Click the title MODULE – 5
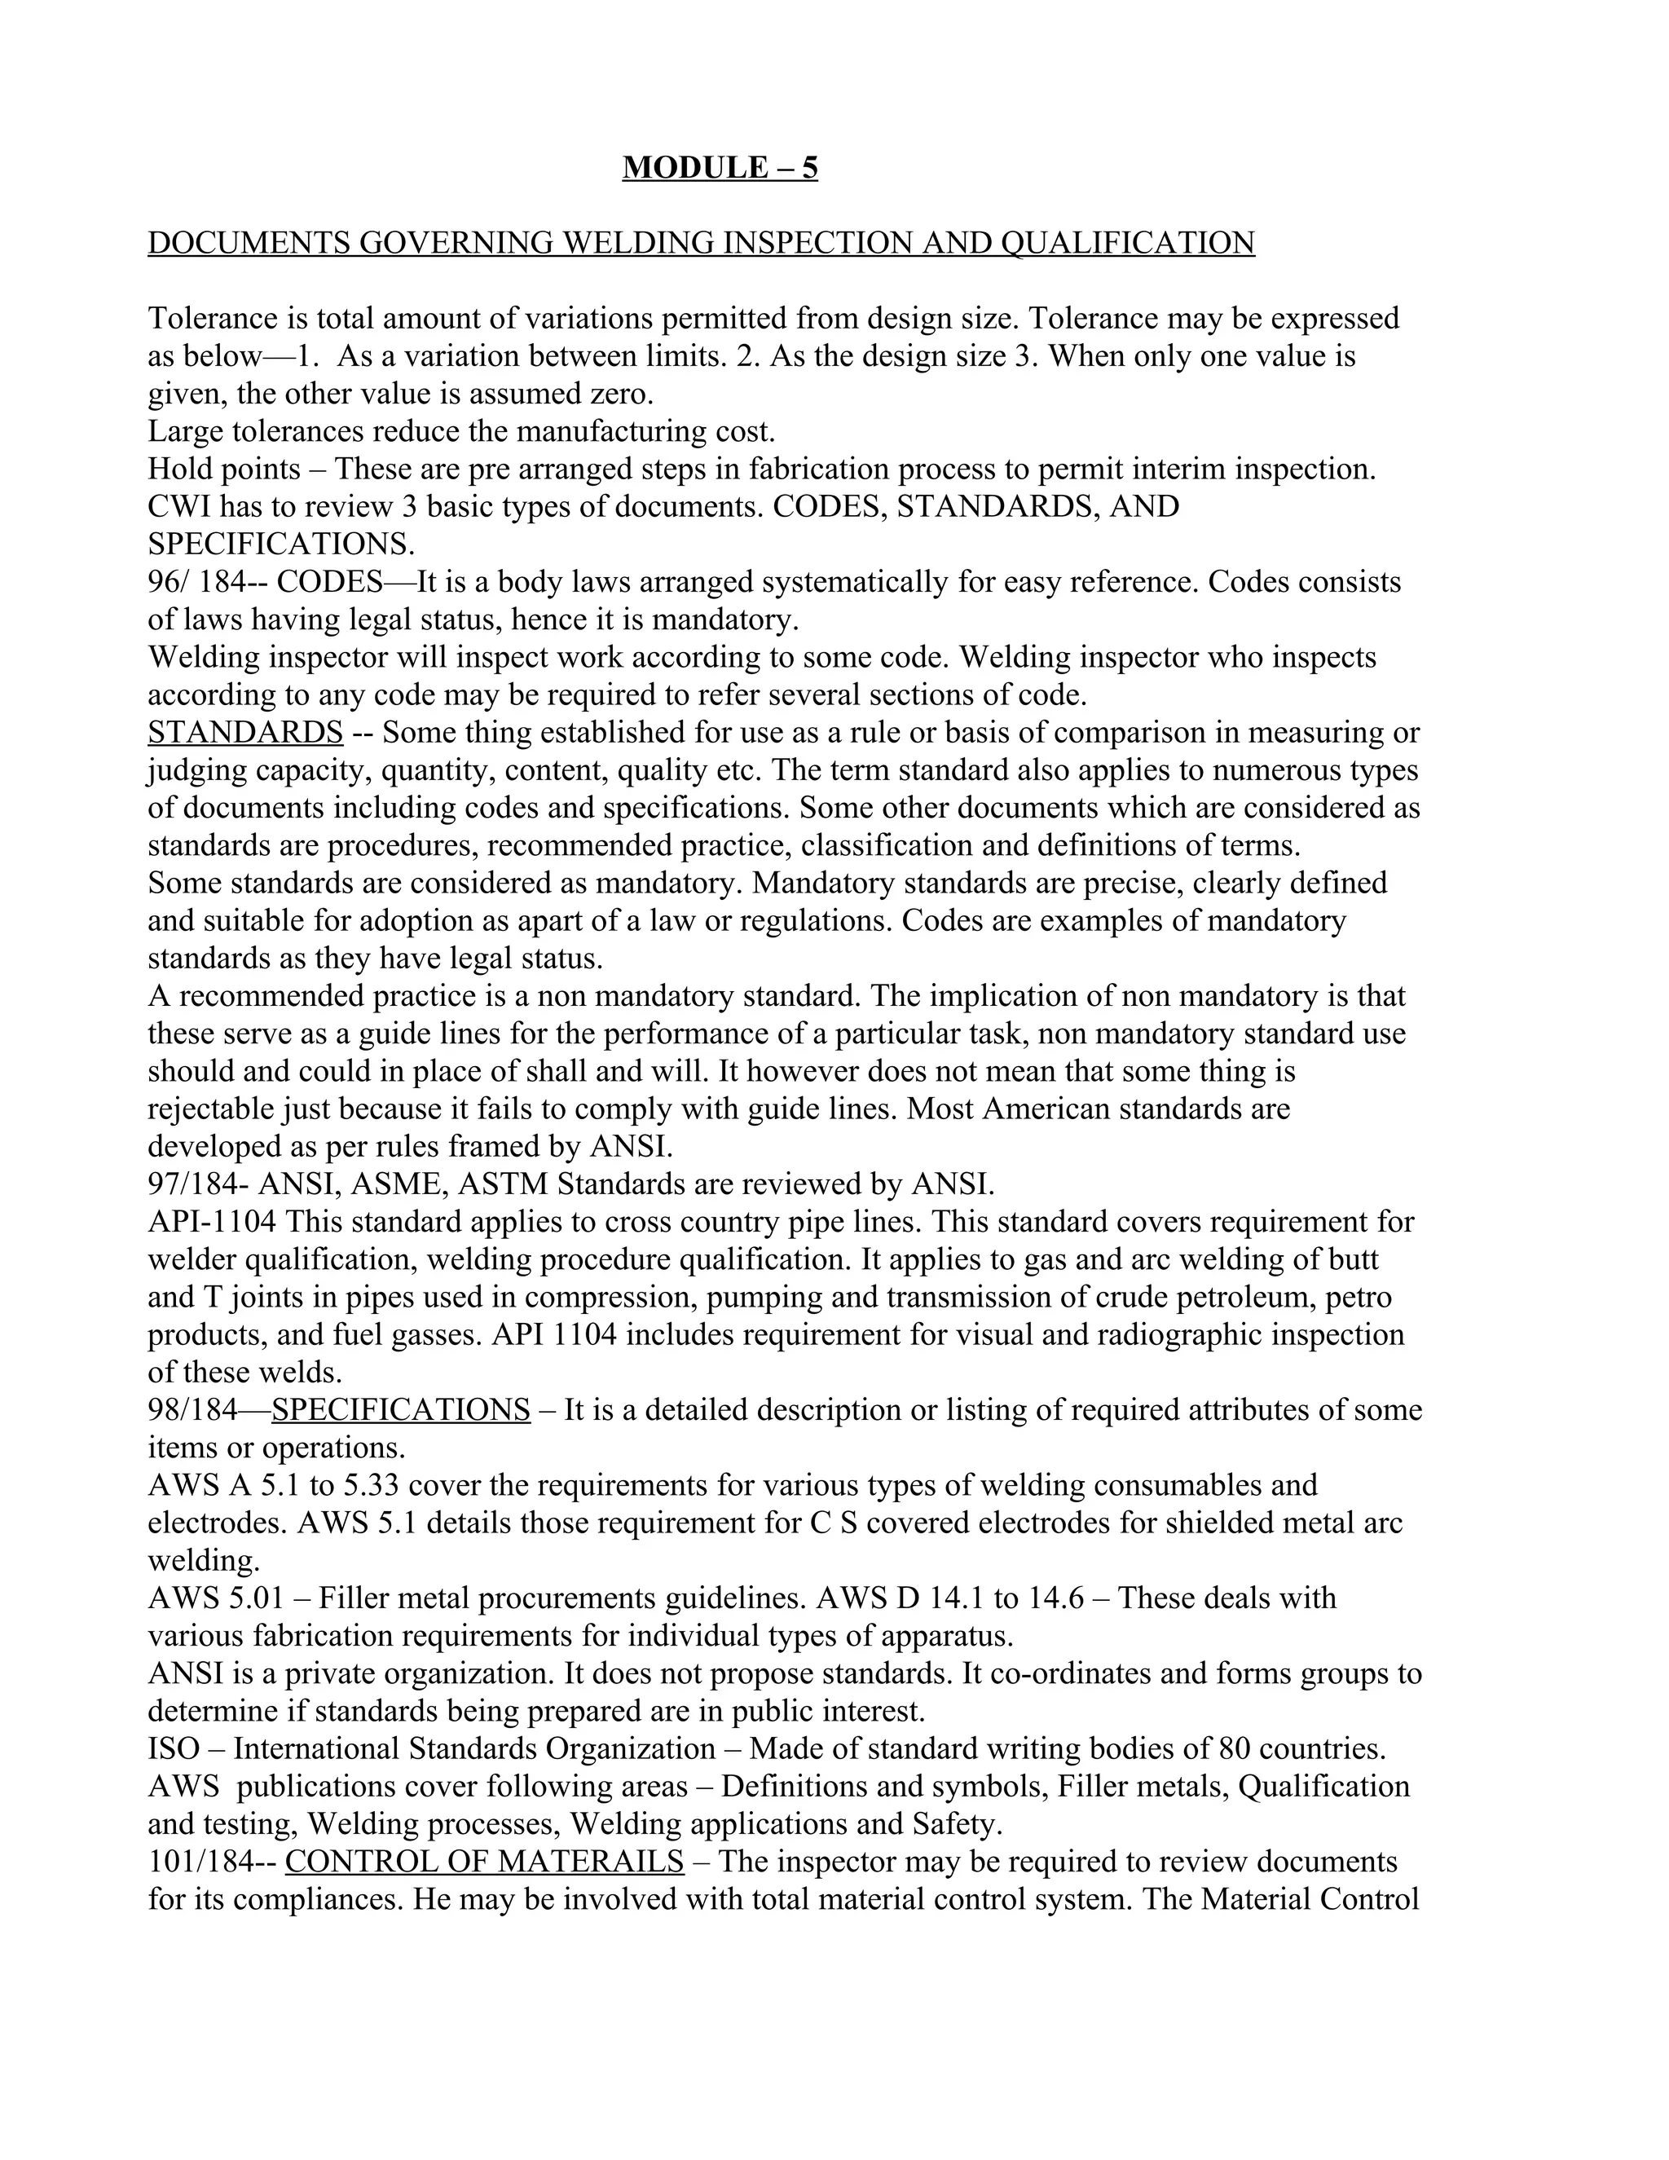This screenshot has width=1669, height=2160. tap(720, 167)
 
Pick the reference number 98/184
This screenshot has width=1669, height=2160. tap(193, 1409)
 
